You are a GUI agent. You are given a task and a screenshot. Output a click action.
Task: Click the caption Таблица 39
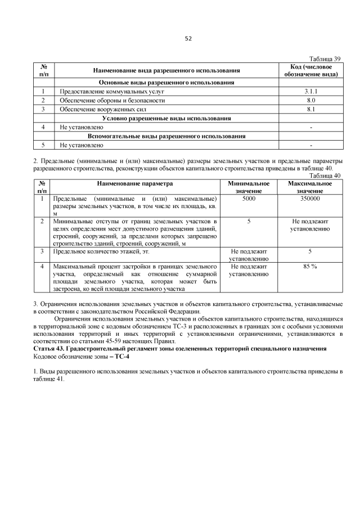326,58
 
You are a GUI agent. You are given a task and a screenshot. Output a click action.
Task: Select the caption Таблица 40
326,175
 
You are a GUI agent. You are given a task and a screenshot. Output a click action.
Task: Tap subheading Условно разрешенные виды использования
167,118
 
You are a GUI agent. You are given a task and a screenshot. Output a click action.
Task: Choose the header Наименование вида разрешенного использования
167,70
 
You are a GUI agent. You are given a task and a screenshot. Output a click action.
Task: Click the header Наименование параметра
135,184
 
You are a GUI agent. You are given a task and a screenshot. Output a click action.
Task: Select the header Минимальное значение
249,188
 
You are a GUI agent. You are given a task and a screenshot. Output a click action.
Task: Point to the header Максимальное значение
310,188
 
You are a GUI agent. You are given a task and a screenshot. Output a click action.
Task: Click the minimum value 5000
249,199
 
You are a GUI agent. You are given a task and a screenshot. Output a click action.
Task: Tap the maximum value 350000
310,199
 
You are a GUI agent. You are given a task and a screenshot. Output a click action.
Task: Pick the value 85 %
310,266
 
